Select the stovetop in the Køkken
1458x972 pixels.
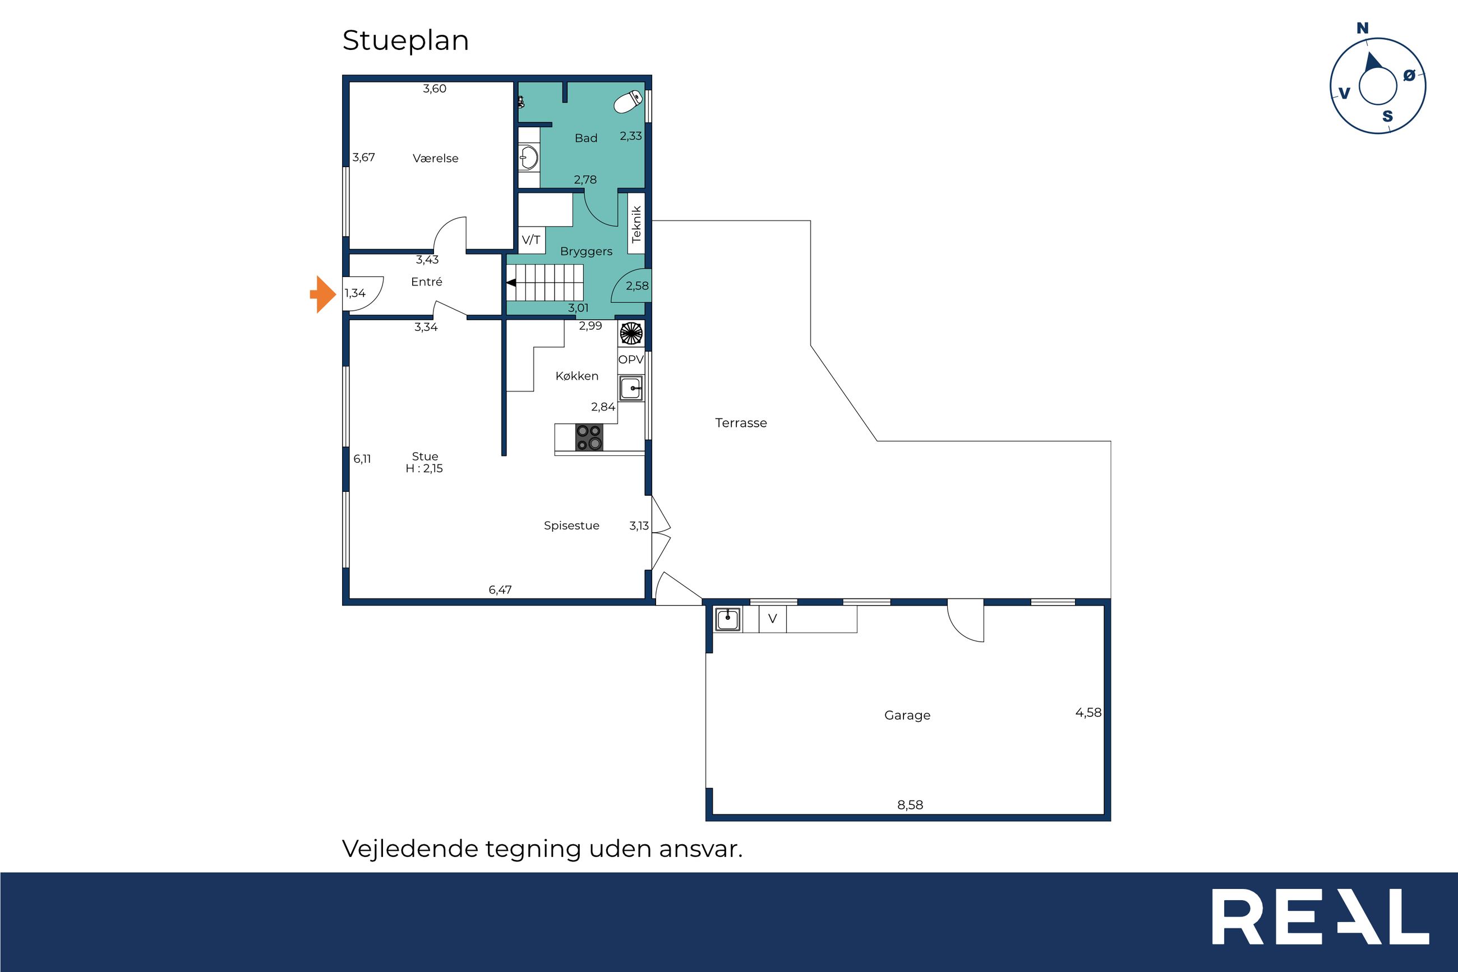(589, 437)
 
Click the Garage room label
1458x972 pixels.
(907, 715)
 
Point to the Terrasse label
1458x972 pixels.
(741, 423)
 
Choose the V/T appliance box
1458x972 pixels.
(531, 240)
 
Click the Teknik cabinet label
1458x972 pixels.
(636, 224)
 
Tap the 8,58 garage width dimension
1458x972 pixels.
(910, 805)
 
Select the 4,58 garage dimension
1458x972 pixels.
(1088, 713)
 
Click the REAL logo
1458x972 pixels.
(1320, 917)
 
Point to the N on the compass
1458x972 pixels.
(1363, 28)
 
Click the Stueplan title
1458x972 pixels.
(406, 41)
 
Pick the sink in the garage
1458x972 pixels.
(728, 619)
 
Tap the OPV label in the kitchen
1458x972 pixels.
(631, 360)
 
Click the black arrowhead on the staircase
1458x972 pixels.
(512, 283)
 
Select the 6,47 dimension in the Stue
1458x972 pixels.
(500, 590)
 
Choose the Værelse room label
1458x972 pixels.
(436, 159)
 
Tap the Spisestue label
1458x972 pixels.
(571, 526)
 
